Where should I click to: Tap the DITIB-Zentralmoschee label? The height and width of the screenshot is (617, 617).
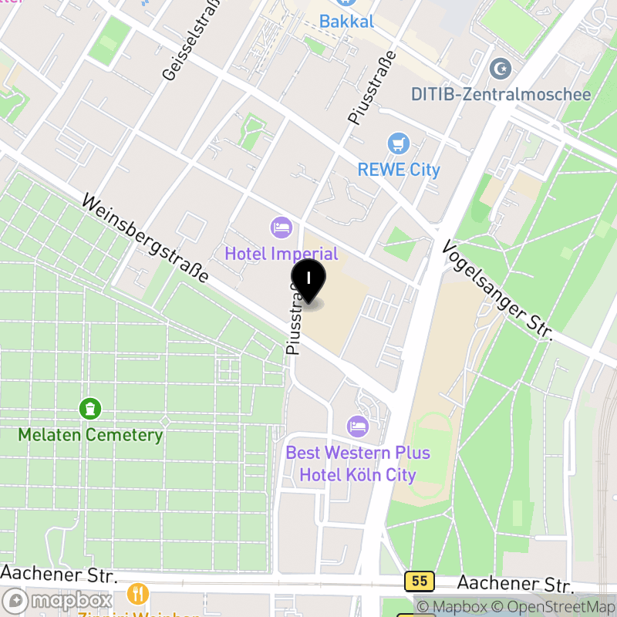coord(501,94)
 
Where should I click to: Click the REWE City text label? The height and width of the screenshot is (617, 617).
coord(399,170)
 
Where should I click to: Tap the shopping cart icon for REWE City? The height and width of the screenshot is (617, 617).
coord(398,143)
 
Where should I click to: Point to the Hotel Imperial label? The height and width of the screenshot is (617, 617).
coord(282,253)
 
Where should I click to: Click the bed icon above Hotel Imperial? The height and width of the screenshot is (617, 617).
coord(281,228)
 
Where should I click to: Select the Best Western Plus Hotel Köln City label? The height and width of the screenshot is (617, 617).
coord(358,464)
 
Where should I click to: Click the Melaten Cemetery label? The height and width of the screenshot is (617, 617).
coord(90,434)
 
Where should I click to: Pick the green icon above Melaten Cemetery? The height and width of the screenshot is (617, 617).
coord(90,407)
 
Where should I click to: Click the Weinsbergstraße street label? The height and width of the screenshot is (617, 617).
coord(146,238)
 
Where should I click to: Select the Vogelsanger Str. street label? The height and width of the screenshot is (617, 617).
coord(498,288)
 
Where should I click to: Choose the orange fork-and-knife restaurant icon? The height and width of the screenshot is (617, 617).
coord(138,594)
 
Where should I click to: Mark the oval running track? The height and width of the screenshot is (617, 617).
coord(433,455)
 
